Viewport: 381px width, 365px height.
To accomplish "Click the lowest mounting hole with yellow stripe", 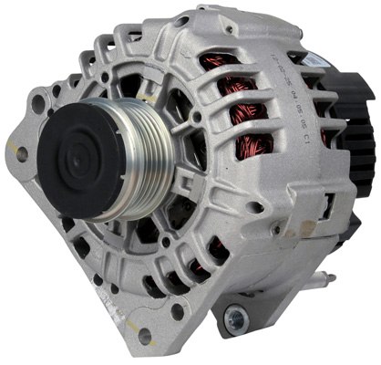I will [x=144, y=335].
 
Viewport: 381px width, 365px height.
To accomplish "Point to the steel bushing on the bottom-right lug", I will [x=235, y=318].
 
